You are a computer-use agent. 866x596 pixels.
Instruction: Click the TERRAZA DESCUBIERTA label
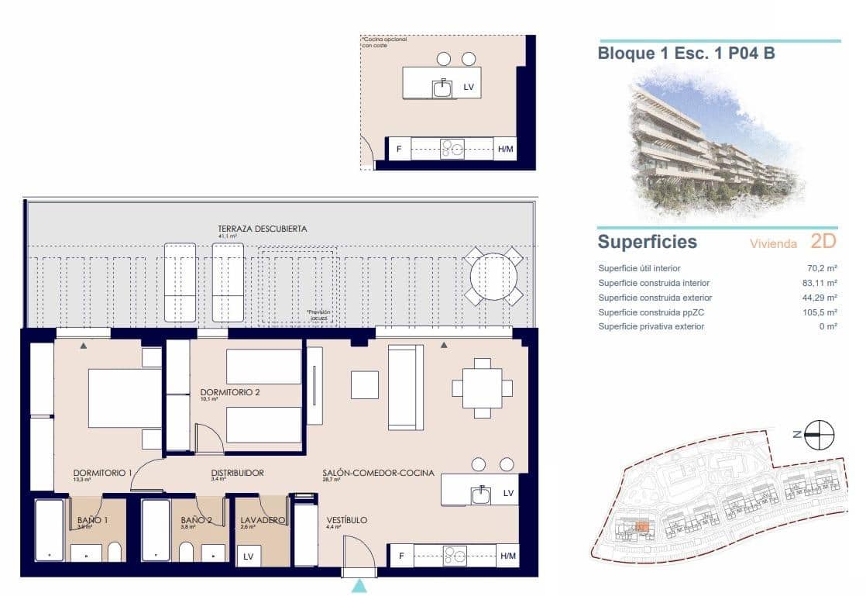(262, 229)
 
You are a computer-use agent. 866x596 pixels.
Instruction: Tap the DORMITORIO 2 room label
(230, 392)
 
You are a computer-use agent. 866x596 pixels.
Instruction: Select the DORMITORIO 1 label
(102, 473)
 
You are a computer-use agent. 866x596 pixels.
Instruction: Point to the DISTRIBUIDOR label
(237, 473)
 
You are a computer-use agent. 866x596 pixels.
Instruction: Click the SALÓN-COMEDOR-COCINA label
(378, 473)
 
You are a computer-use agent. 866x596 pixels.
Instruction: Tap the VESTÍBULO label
(346, 520)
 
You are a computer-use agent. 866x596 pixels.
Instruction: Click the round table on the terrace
(493, 276)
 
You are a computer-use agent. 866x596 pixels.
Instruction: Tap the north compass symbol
(819, 435)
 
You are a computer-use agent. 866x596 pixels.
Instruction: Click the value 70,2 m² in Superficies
(822, 268)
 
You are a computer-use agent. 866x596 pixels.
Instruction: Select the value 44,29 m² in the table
(820, 298)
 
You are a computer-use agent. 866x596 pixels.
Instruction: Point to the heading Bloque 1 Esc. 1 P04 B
(686, 53)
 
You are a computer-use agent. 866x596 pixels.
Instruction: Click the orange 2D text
(823, 241)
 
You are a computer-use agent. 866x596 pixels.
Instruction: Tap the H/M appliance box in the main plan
(508, 555)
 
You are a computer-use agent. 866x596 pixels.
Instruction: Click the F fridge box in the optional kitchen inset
(399, 149)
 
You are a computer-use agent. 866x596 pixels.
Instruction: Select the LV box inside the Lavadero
(249, 556)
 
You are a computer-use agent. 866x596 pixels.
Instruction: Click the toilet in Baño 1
(114, 552)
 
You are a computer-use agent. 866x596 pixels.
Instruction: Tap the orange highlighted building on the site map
(641, 527)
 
